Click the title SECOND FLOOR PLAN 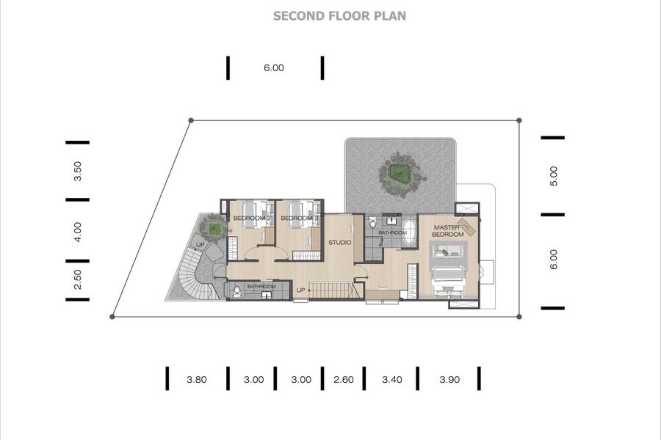(x=339, y=16)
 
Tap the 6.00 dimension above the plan (x=274, y=67)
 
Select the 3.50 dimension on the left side (x=78, y=171)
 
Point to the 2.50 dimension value (x=78, y=279)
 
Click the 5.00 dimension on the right (x=554, y=176)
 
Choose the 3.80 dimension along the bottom (x=196, y=379)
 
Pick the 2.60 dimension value (x=344, y=379)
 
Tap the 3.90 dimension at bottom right (x=449, y=379)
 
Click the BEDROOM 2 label (x=252, y=218)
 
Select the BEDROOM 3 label (x=300, y=218)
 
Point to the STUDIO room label (x=340, y=243)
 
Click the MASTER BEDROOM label (x=448, y=231)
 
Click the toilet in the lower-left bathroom (x=237, y=291)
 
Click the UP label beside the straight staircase (x=300, y=290)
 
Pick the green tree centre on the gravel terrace (x=397, y=172)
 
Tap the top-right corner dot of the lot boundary (x=519, y=120)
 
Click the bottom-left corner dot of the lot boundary (x=112, y=317)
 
